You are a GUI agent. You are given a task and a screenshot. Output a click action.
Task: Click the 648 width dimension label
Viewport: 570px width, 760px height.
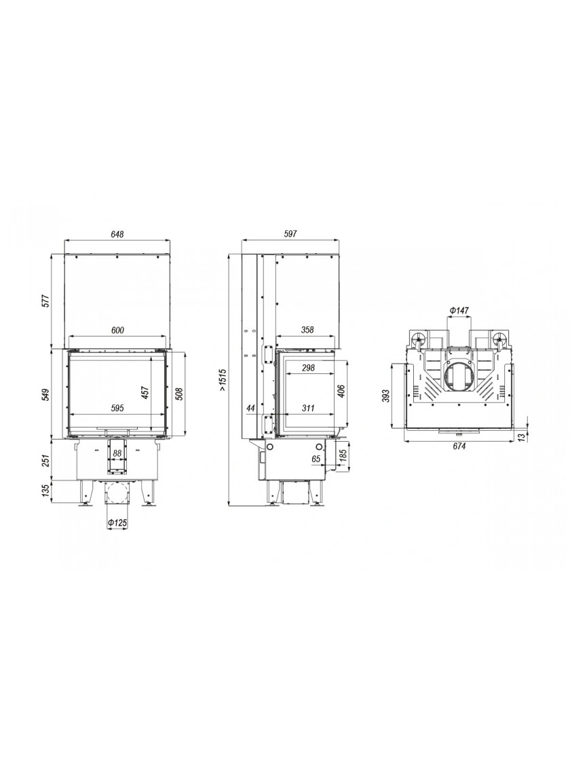[x=117, y=233]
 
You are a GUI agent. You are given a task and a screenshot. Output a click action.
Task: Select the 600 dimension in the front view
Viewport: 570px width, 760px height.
[x=117, y=330]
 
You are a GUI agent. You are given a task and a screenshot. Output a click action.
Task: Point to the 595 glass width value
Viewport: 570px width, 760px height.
[x=117, y=408]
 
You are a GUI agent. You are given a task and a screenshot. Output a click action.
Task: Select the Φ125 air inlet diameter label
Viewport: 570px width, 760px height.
[x=117, y=523]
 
